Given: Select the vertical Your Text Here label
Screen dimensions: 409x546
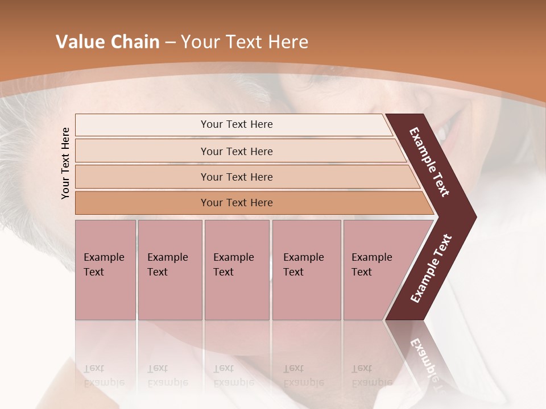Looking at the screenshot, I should [65, 163].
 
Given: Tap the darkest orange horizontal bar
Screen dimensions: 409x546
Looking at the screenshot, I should [142, 203].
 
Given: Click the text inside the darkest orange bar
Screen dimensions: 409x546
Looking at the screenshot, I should [237, 203].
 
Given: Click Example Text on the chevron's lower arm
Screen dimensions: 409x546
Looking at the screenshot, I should [431, 268].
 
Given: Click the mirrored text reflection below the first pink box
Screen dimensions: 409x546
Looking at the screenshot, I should [105, 375].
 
